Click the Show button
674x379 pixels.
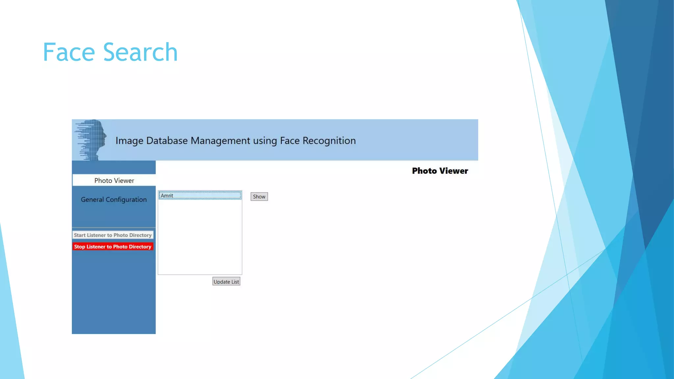(x=259, y=197)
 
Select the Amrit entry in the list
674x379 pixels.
(x=200, y=195)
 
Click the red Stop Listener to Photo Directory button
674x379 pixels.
(x=113, y=246)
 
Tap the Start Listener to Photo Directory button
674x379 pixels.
(x=113, y=235)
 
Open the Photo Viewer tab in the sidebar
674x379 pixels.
(x=114, y=180)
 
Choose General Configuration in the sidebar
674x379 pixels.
(x=114, y=199)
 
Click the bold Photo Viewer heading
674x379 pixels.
(x=440, y=171)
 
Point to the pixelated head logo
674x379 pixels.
(x=92, y=140)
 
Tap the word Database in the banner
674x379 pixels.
(x=167, y=141)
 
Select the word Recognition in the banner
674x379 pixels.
(x=329, y=141)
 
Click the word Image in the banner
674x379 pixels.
(x=129, y=141)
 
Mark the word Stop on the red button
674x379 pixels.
(x=79, y=246)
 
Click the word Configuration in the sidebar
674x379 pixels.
(x=126, y=199)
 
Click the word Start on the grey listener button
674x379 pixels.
(x=80, y=235)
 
